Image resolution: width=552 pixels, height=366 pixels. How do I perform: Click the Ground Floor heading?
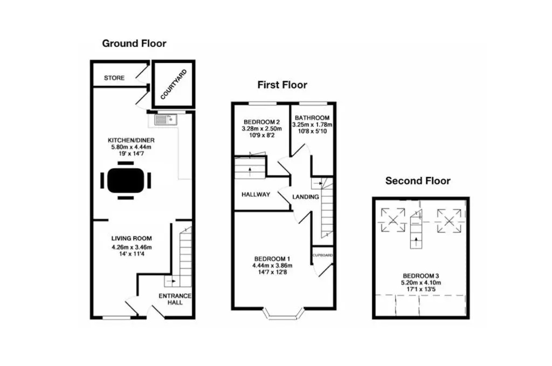[134, 43]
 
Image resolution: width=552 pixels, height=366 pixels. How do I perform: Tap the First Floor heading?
[282, 85]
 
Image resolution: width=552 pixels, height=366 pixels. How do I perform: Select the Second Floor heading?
[418, 181]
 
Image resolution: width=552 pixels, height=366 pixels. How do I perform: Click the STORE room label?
[114, 78]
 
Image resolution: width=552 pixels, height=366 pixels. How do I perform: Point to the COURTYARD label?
[174, 85]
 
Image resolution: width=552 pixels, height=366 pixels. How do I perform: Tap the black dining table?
[126, 180]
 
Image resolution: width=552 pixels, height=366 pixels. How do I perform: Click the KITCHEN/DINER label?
[131, 140]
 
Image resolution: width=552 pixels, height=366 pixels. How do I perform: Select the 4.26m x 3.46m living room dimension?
[132, 247]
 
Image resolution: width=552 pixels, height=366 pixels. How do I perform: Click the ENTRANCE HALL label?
[175, 299]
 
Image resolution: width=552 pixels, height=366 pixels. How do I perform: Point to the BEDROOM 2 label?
[261, 122]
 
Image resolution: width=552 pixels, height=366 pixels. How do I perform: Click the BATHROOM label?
[312, 118]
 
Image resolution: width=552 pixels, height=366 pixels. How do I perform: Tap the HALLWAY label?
[256, 194]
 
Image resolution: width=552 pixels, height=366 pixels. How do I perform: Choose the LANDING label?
[306, 197]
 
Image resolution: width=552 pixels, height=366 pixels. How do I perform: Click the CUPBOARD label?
[322, 255]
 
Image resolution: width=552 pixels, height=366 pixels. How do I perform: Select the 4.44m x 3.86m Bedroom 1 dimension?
[272, 265]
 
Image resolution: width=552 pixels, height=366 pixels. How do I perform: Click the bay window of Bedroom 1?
[284, 314]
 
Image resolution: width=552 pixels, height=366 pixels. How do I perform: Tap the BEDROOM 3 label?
[420, 276]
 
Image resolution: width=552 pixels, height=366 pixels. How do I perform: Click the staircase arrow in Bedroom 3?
[417, 242]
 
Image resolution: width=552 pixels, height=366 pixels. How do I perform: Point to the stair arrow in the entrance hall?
[171, 281]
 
